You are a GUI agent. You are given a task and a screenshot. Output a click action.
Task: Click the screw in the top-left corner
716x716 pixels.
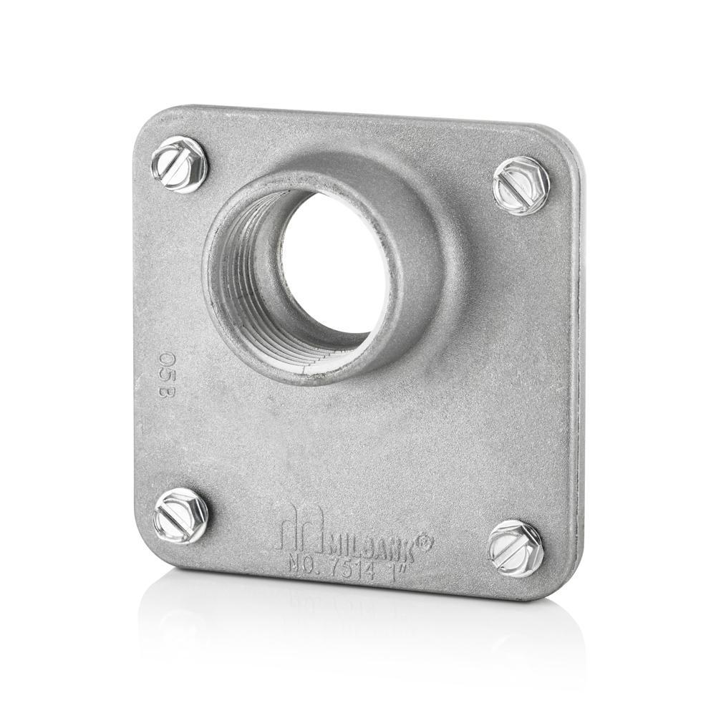point(179,165)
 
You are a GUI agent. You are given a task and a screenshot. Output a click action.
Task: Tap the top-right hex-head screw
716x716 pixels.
point(521,184)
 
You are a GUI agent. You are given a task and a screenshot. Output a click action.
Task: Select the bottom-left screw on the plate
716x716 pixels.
point(181,516)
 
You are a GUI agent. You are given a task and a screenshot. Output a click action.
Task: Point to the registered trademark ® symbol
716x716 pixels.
point(424,544)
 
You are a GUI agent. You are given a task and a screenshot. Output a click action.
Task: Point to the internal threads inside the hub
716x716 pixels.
point(251,286)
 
